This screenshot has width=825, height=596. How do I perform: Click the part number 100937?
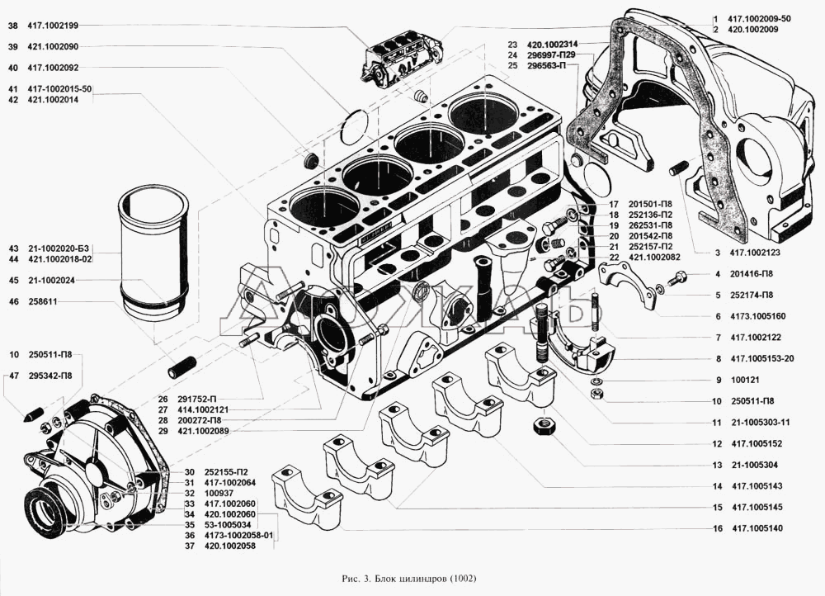[x=210, y=493]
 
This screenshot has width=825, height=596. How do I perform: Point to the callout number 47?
[x=13, y=376]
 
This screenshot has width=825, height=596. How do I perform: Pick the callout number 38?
[x=12, y=26]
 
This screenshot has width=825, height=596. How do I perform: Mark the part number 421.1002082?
[x=655, y=258]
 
